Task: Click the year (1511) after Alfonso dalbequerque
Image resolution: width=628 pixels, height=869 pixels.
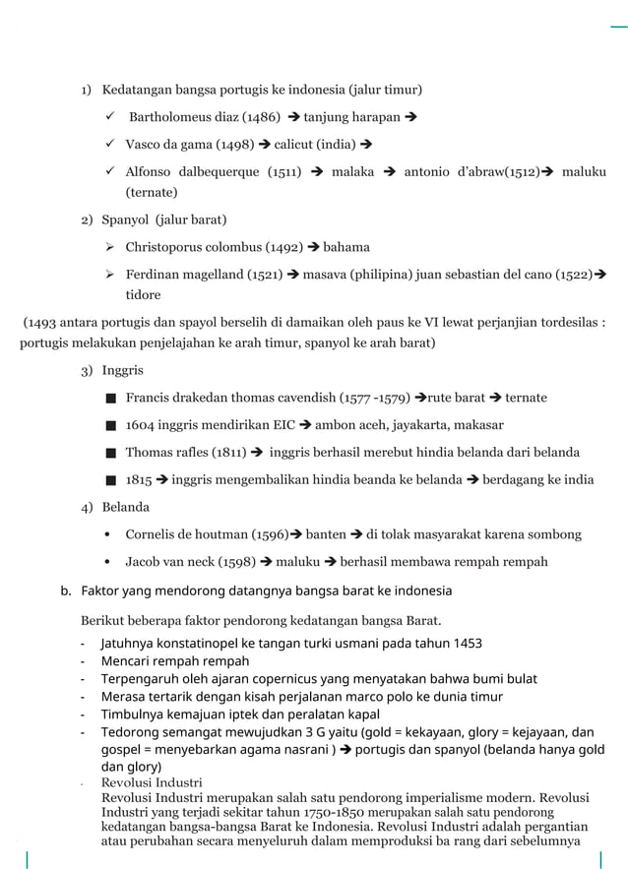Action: point(284,171)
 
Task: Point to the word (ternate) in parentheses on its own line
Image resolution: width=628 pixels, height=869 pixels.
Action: point(152,192)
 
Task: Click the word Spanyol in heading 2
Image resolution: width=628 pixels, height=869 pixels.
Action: point(125,218)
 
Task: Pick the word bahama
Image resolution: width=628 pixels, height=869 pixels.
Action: point(346,246)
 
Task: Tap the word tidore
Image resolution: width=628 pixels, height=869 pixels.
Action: point(143,294)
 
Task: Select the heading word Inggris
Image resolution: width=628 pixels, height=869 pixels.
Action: point(122,370)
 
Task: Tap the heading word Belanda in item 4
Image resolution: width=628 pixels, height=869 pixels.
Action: point(126,507)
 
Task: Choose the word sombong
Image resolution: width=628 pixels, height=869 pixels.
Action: point(554,534)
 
